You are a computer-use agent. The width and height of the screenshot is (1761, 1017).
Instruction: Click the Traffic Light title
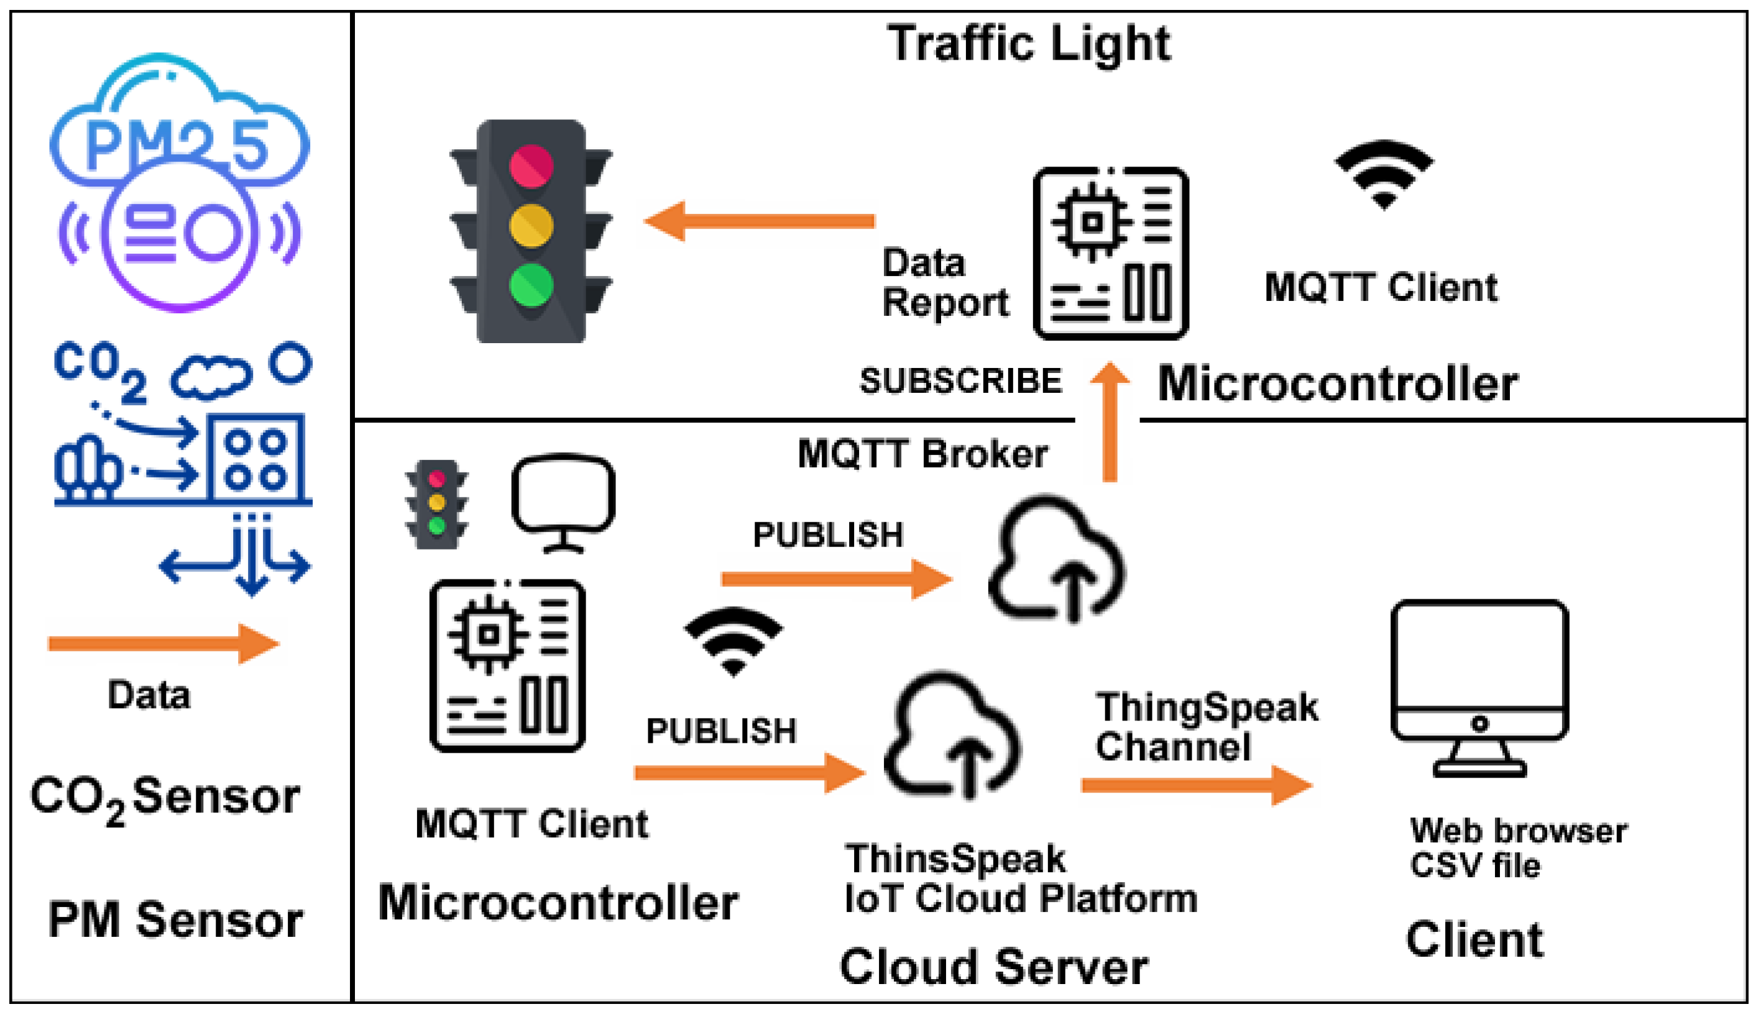(x=1029, y=44)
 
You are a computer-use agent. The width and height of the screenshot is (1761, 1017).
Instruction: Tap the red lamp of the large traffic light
(x=531, y=166)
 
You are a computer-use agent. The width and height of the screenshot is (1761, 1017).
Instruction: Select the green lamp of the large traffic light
(x=531, y=285)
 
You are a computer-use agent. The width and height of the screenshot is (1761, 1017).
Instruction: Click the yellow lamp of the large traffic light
(x=531, y=226)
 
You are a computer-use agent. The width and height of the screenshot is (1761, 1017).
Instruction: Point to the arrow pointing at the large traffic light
(x=759, y=221)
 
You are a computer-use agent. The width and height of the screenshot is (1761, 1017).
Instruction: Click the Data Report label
(x=945, y=283)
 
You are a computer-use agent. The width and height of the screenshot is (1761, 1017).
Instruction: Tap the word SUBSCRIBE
(x=960, y=380)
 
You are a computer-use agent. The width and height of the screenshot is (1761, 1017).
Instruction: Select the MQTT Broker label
(x=922, y=454)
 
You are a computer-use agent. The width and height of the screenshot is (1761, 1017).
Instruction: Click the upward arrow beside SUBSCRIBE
(x=1110, y=422)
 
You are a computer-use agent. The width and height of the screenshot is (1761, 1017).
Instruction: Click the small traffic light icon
(x=437, y=504)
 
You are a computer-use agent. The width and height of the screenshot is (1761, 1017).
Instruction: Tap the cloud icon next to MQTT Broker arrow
(x=1055, y=559)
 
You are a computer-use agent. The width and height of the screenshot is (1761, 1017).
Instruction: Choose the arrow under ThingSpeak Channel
(x=1197, y=785)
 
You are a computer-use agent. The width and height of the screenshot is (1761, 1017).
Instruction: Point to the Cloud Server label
(x=993, y=967)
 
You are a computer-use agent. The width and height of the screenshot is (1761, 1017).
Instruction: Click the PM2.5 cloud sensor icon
(x=180, y=182)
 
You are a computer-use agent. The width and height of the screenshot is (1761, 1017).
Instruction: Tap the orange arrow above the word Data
(x=164, y=643)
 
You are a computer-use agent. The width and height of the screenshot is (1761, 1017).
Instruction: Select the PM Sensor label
(x=175, y=920)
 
